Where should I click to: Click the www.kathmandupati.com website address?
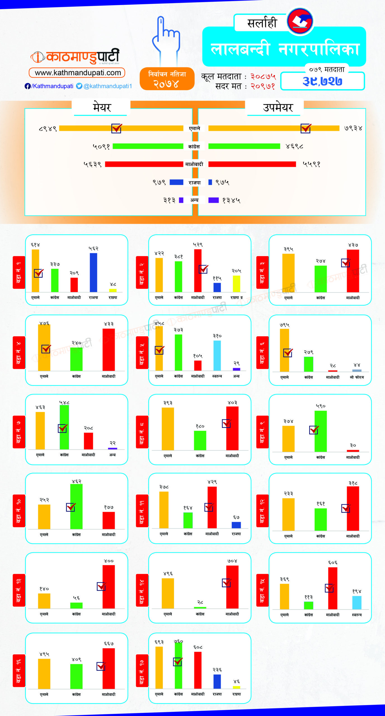[78, 73]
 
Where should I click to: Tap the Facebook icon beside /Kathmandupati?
[27, 86]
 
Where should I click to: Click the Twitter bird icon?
[79, 86]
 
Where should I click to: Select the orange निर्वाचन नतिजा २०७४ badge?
[167, 79]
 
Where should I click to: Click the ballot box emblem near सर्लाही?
[300, 21]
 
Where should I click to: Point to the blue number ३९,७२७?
[322, 81]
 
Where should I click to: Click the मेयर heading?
[102, 107]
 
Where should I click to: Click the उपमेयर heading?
[278, 107]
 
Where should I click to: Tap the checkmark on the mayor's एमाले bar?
[116, 128]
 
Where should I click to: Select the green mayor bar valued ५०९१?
[148, 146]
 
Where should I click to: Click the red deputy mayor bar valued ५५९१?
[252, 164]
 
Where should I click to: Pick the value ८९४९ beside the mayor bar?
[48, 129]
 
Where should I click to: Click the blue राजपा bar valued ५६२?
[93, 272]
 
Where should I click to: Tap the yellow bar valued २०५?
[236, 284]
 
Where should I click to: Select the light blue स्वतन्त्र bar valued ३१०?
[217, 355]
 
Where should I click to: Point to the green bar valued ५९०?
[321, 431]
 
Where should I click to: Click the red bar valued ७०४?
[232, 587]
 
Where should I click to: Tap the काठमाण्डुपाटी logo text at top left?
[83, 57]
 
